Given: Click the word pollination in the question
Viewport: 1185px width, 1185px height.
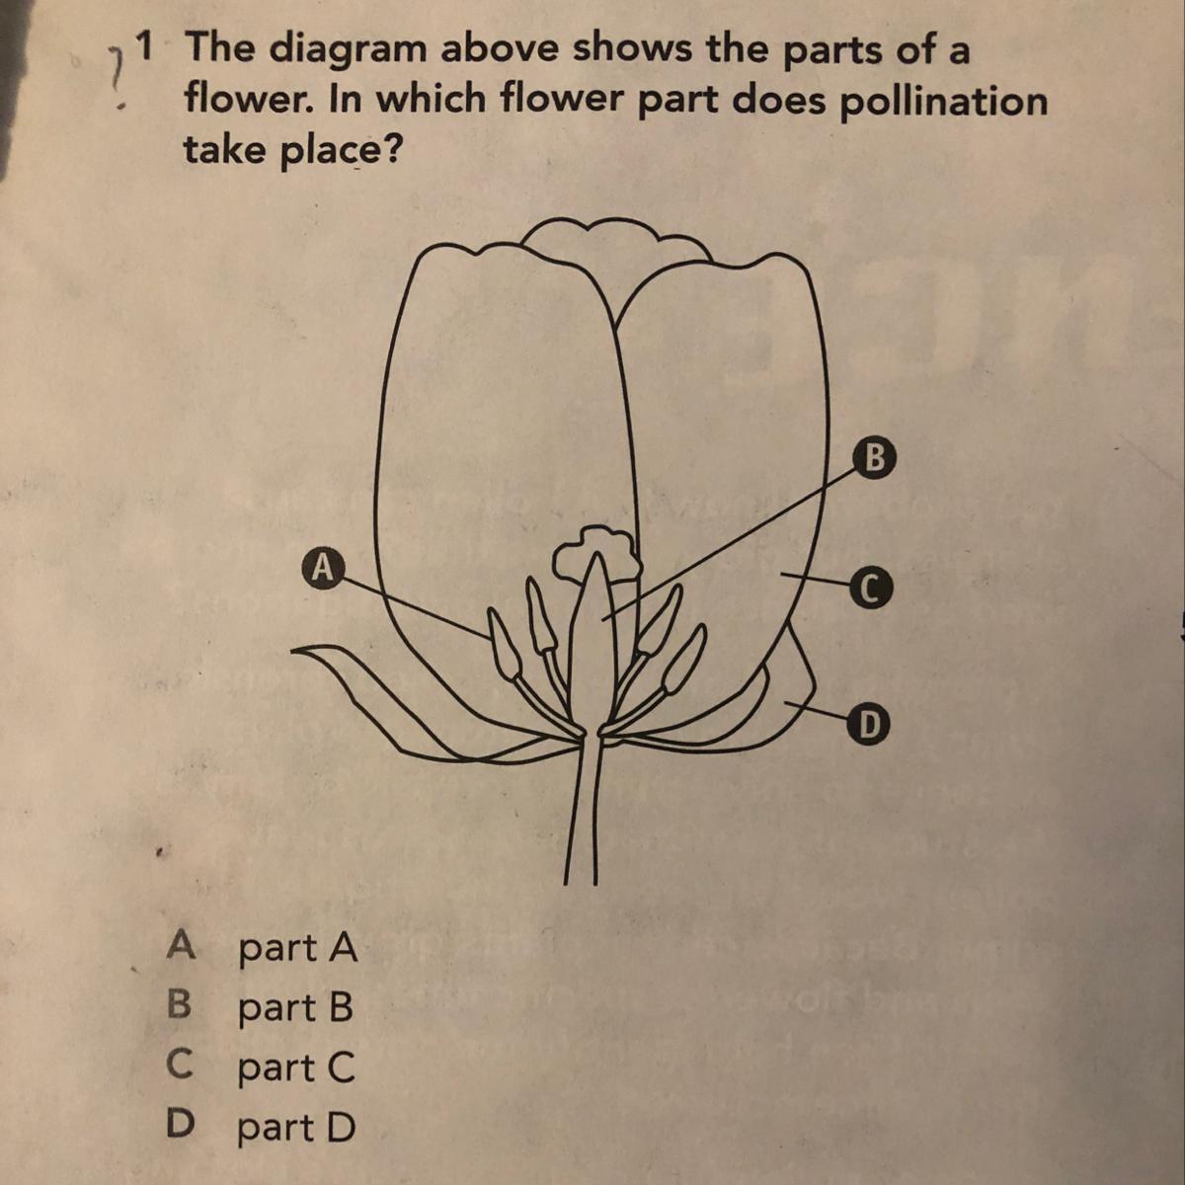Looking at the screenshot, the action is point(943,101).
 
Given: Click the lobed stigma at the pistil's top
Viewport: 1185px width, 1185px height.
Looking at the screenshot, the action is point(595,551).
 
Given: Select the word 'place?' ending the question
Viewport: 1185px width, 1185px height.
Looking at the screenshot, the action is point(340,149).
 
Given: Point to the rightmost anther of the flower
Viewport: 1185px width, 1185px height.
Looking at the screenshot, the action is point(682,661).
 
